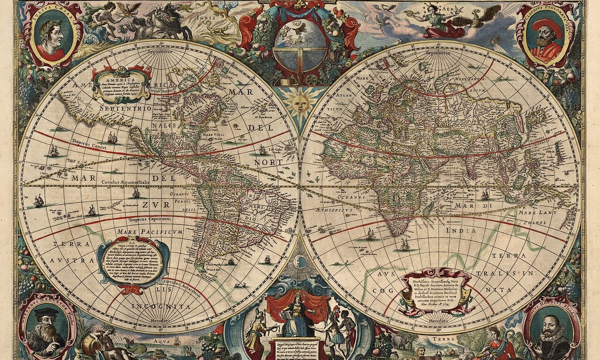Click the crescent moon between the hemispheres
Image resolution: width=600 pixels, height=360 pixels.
[x=300, y=261]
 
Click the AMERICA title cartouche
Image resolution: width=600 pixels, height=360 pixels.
[x=121, y=83]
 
